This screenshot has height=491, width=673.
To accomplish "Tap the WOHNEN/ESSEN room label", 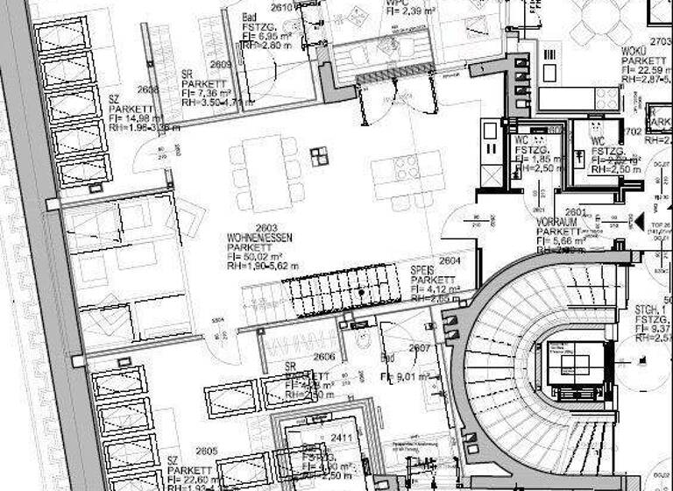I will (x=259, y=238).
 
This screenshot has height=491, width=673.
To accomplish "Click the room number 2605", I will (x=207, y=451).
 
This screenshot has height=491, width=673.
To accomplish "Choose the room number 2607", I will (x=419, y=348).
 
